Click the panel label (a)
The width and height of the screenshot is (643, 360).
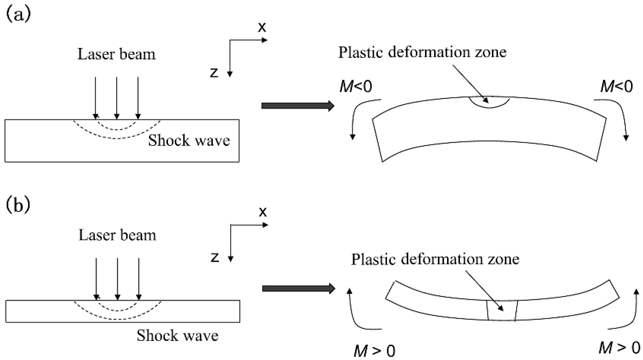(x=18, y=14)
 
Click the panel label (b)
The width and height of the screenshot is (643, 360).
(x=18, y=205)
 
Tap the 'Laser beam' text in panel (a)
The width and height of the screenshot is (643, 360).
(x=116, y=54)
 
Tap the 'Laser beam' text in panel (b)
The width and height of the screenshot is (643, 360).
(x=117, y=235)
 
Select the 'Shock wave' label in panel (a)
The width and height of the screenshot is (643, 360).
(x=189, y=140)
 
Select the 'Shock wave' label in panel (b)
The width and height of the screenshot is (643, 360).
(x=177, y=335)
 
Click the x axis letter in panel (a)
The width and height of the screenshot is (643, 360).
(x=262, y=27)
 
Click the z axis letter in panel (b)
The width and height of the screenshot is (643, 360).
(x=215, y=258)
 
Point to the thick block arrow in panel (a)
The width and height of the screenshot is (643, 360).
(x=298, y=106)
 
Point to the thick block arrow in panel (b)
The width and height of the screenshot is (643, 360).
(x=298, y=288)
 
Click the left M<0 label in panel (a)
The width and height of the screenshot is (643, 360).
(x=355, y=86)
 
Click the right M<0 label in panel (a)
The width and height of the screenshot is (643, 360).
(x=616, y=86)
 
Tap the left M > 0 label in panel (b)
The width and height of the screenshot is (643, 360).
(x=374, y=351)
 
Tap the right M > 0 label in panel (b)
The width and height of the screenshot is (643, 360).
(x=619, y=348)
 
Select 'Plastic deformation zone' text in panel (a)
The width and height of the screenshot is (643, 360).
(x=422, y=52)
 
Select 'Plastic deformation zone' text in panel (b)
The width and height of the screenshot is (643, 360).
(x=435, y=259)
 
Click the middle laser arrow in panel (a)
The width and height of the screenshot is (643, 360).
(x=117, y=97)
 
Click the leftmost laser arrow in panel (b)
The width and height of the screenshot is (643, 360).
(x=96, y=278)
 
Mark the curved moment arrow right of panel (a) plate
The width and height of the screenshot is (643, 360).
(x=618, y=117)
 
